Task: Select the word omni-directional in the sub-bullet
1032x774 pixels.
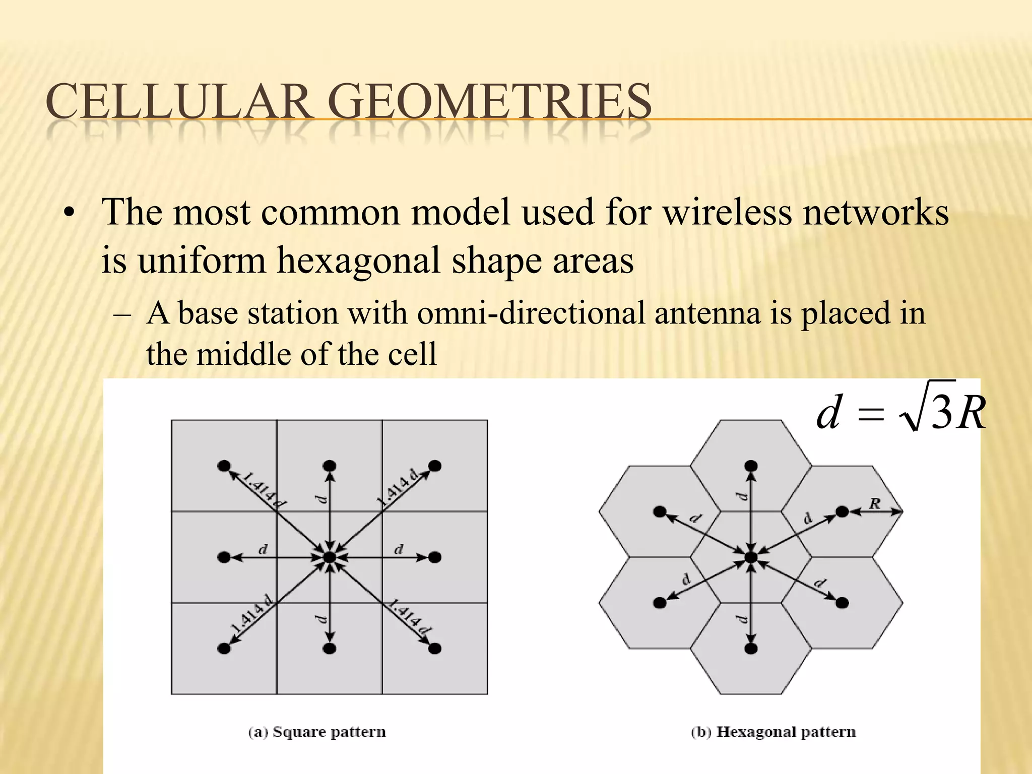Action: pyautogui.click(x=531, y=313)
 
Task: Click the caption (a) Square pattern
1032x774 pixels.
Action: pyautogui.click(x=317, y=732)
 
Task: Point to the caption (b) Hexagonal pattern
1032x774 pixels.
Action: pyautogui.click(x=773, y=732)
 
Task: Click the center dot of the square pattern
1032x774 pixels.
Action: pyautogui.click(x=329, y=557)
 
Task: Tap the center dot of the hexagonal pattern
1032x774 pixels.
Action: pyautogui.click(x=751, y=557)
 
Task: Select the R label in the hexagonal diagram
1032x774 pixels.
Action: pyautogui.click(x=875, y=503)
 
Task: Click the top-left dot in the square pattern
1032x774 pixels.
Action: pyautogui.click(x=224, y=466)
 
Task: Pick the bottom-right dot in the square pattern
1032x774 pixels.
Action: pyautogui.click(x=434, y=648)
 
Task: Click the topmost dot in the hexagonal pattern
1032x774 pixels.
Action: pyautogui.click(x=751, y=465)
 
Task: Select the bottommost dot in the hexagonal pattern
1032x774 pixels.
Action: pyautogui.click(x=751, y=648)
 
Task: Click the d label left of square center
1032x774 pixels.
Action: pyautogui.click(x=263, y=549)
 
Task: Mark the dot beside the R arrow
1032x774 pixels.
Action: pyautogui.click(x=842, y=511)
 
